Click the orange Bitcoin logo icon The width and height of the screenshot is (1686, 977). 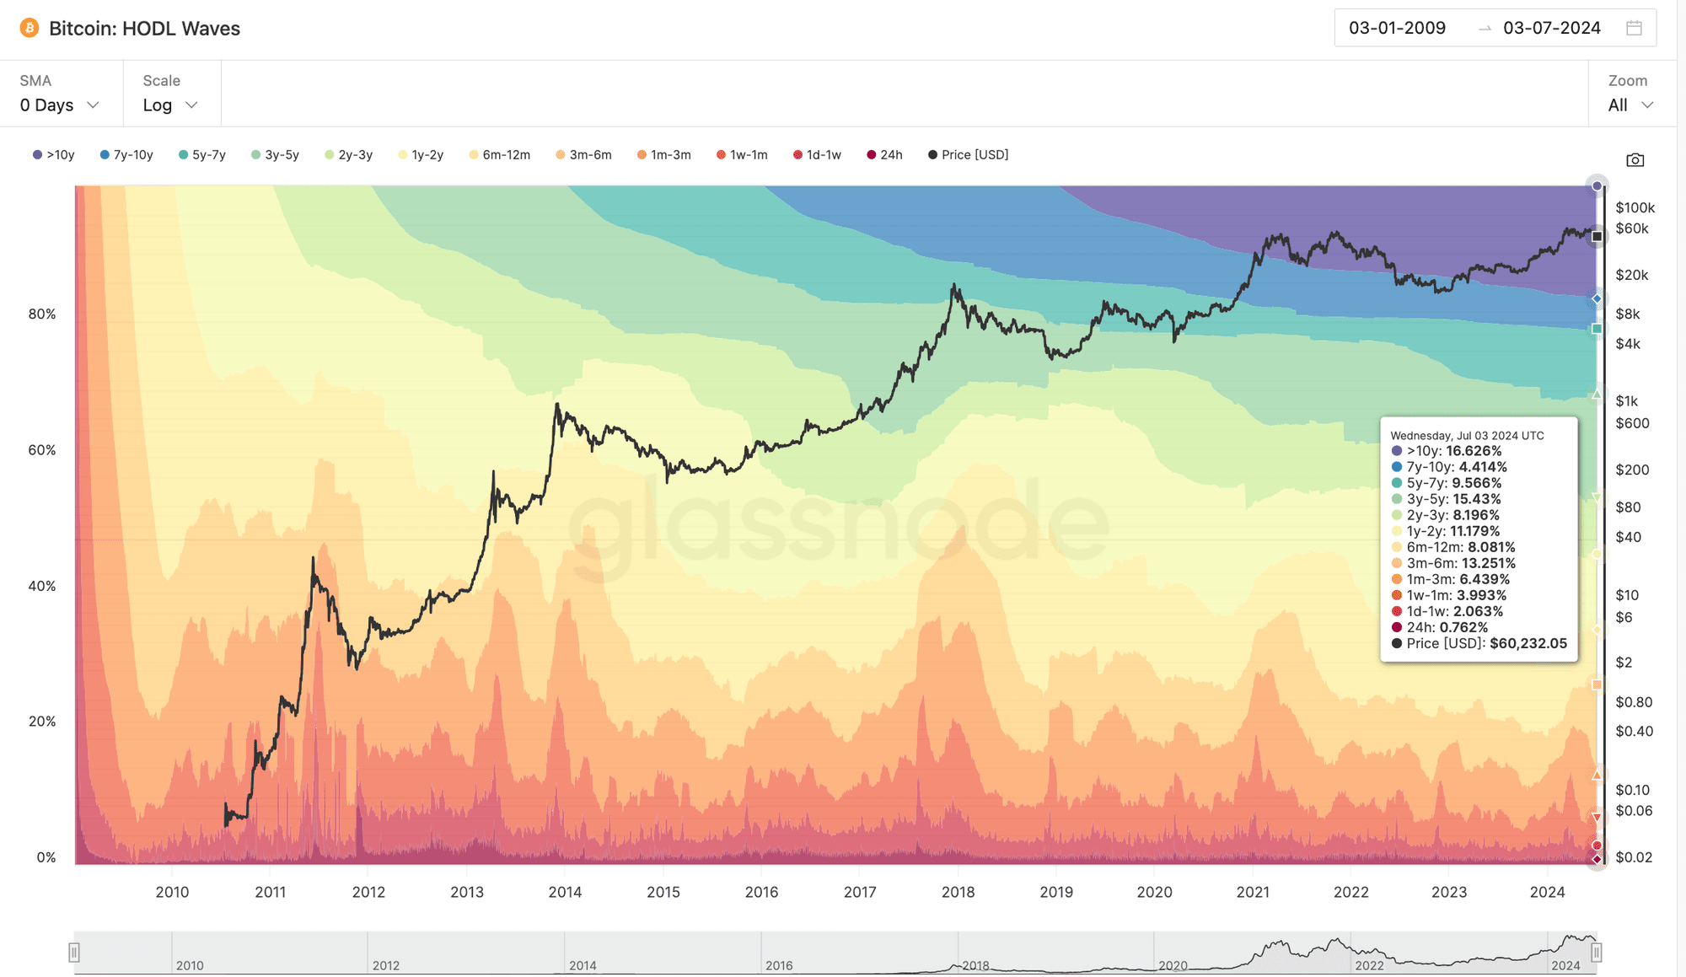[x=30, y=29]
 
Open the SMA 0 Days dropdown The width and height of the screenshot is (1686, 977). [x=59, y=105]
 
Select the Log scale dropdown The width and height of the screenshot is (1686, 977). [x=169, y=105]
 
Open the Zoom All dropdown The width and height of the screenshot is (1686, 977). [x=1630, y=105]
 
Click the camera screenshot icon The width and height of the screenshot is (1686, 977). [x=1635, y=160]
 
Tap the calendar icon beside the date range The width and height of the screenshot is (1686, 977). [x=1634, y=29]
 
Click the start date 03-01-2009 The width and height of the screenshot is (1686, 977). [x=1397, y=29]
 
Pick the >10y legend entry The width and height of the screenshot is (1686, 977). [x=54, y=155]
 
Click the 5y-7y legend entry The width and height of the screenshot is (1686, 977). [x=202, y=155]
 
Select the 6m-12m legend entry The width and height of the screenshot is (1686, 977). [x=500, y=155]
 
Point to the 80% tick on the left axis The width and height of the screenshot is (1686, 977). [x=42, y=314]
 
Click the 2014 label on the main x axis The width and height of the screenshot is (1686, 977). [x=565, y=892]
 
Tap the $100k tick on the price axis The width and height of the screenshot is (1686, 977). [x=1635, y=208]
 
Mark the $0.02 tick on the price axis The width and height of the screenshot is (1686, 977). [x=1633, y=857]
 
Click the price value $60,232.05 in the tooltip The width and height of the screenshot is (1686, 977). [x=1528, y=644]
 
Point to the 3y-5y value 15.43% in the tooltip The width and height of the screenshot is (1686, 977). [x=1476, y=500]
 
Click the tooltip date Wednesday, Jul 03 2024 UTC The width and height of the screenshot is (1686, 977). [x=1467, y=436]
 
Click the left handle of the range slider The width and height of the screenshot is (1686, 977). [x=74, y=953]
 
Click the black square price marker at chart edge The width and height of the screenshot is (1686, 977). [x=1597, y=237]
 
